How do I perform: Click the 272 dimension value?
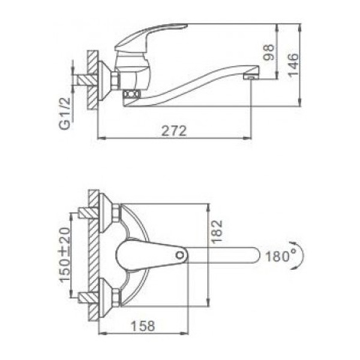click(174, 131)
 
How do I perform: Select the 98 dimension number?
click(269, 52)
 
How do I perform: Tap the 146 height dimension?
click(293, 65)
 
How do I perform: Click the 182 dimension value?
click(217, 231)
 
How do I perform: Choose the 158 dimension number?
click(143, 326)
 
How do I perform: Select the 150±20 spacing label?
click(65, 254)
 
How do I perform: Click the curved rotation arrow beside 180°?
click(299, 255)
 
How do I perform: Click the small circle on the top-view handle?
click(180, 255)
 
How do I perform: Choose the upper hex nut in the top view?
click(116, 213)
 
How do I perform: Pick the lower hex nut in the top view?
click(116, 297)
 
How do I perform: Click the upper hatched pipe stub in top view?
click(88, 213)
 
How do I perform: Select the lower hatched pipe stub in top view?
click(88, 298)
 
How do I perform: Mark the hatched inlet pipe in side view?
click(88, 80)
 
